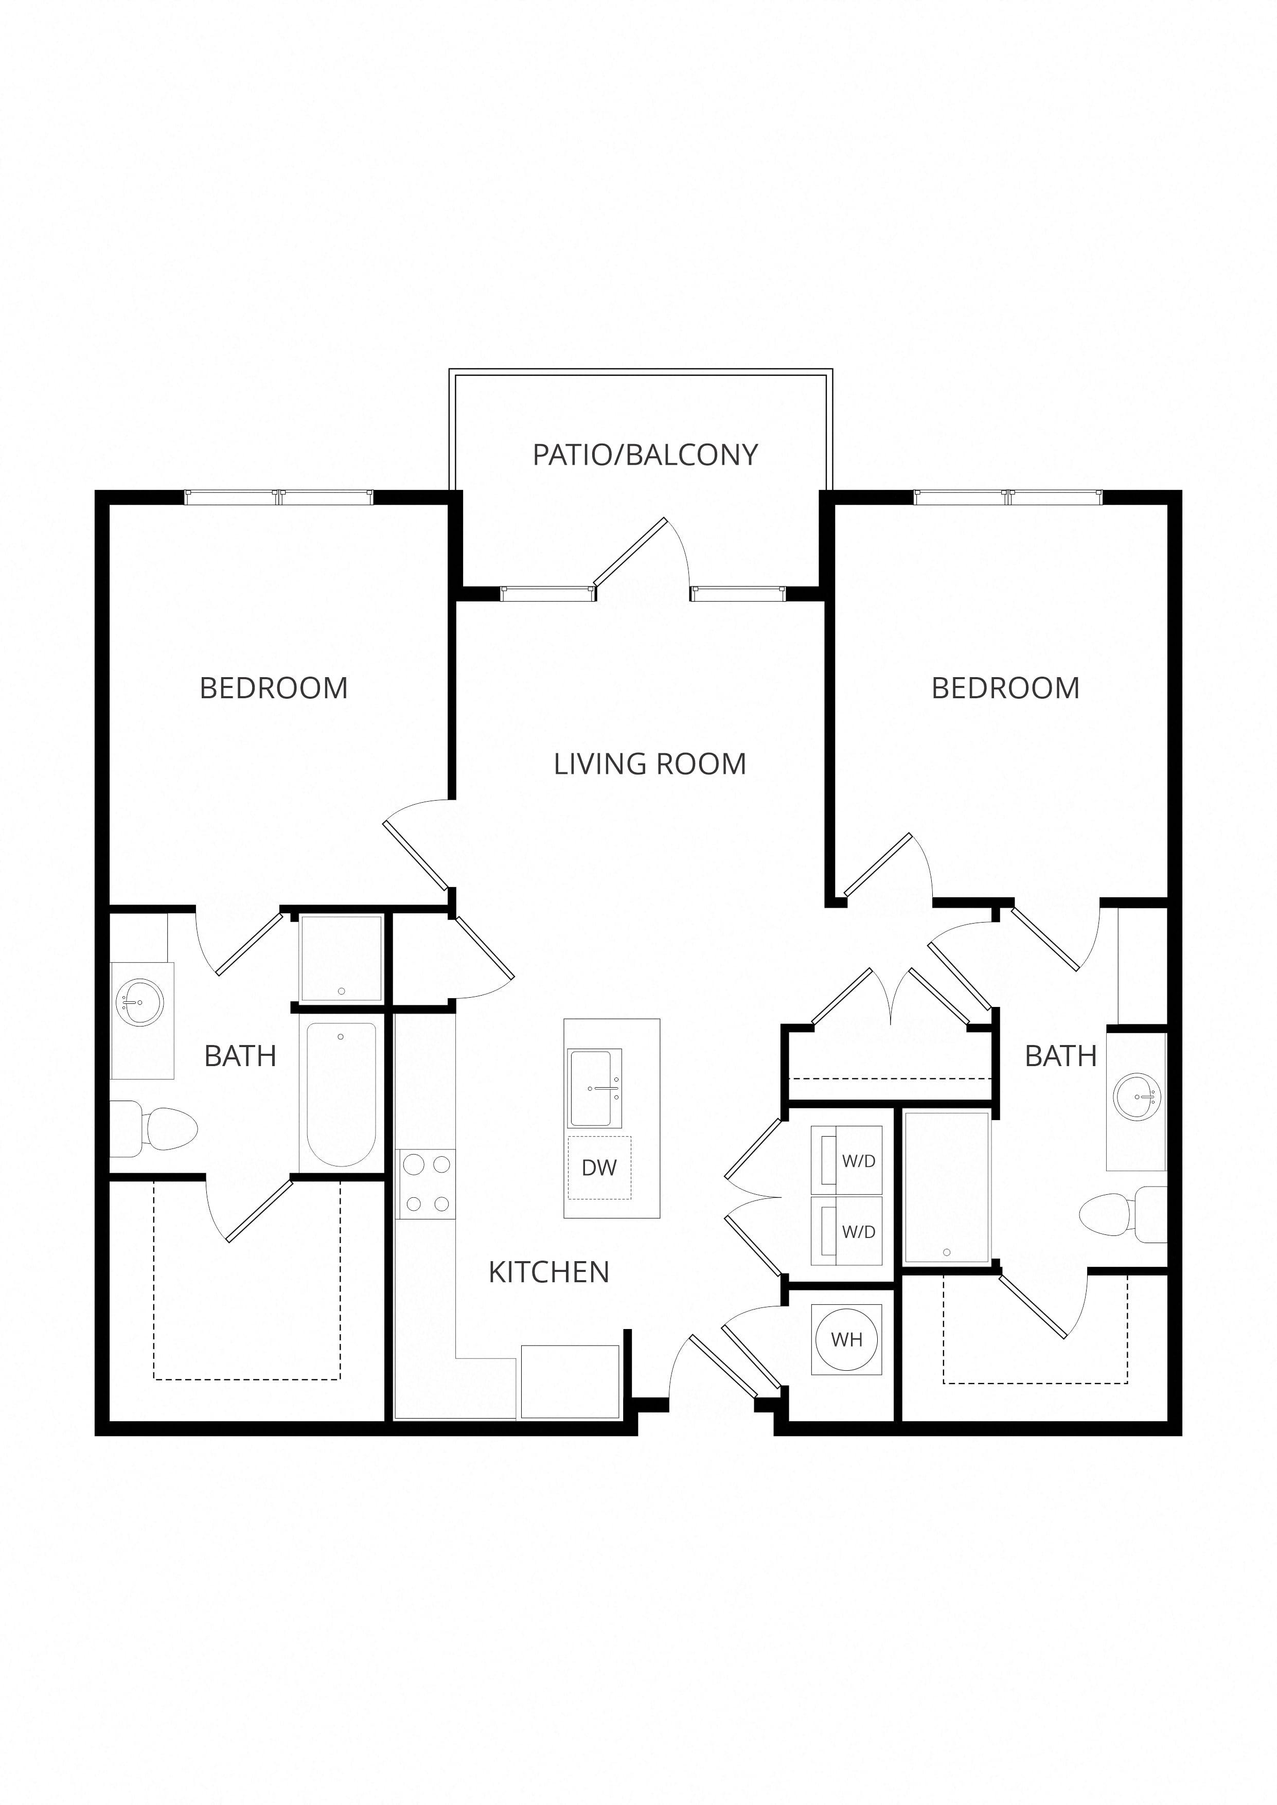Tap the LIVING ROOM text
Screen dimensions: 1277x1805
click(649, 764)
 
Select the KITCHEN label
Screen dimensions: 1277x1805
click(549, 1272)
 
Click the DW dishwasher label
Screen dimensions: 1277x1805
click(599, 1167)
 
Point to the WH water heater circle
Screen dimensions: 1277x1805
click(847, 1339)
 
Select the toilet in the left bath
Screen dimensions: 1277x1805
click(153, 1129)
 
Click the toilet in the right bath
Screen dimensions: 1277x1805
click(1123, 1215)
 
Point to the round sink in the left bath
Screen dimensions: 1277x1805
click(140, 1002)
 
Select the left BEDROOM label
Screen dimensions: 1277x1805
click(274, 688)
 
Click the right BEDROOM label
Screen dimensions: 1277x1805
click(1006, 688)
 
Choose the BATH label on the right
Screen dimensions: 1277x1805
click(1061, 1056)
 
